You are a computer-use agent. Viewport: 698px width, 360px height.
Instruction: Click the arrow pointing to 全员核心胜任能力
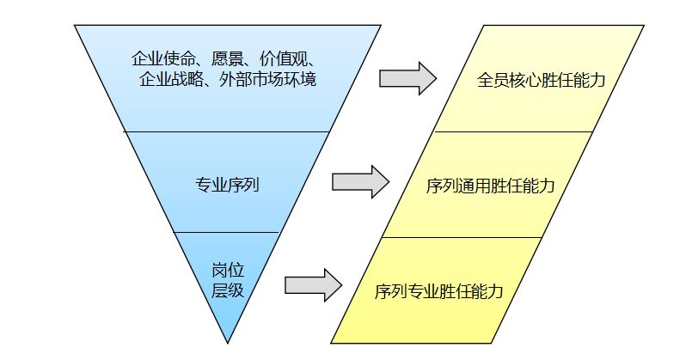pyautogui.click(x=407, y=78)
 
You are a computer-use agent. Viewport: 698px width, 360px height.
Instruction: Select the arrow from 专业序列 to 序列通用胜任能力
pyautogui.click(x=360, y=181)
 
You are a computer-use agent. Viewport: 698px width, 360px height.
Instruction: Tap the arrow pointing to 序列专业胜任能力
pyautogui.click(x=313, y=285)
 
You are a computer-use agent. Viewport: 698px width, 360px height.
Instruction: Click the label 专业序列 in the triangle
pyautogui.click(x=227, y=184)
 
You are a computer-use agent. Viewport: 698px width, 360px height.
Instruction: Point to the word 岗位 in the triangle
pyautogui.click(x=228, y=270)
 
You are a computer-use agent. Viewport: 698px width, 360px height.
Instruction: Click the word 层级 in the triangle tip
pyautogui.click(x=228, y=290)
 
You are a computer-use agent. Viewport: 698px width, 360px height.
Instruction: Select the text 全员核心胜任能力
pyautogui.click(x=541, y=80)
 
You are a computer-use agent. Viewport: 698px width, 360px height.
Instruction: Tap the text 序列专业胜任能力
pyautogui.click(x=439, y=291)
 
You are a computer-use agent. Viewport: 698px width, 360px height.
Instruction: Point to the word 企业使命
pyautogui.click(x=163, y=59)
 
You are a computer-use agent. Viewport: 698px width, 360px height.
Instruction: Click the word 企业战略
pyautogui.click(x=171, y=79)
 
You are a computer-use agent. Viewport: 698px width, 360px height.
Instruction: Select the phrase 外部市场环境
pyautogui.click(x=267, y=79)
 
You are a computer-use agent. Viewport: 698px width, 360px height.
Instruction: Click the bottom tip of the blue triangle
pyautogui.click(x=228, y=343)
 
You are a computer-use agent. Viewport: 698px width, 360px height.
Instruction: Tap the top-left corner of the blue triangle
pyautogui.click(x=74, y=26)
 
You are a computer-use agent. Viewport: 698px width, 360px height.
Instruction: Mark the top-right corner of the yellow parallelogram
pyautogui.click(x=644, y=26)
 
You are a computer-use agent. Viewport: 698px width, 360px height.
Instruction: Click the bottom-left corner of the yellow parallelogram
pyautogui.click(x=331, y=343)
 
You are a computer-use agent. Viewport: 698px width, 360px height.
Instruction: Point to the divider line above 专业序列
pyautogui.click(x=227, y=131)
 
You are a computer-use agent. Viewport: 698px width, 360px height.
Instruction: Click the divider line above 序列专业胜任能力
pyautogui.click(x=462, y=238)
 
